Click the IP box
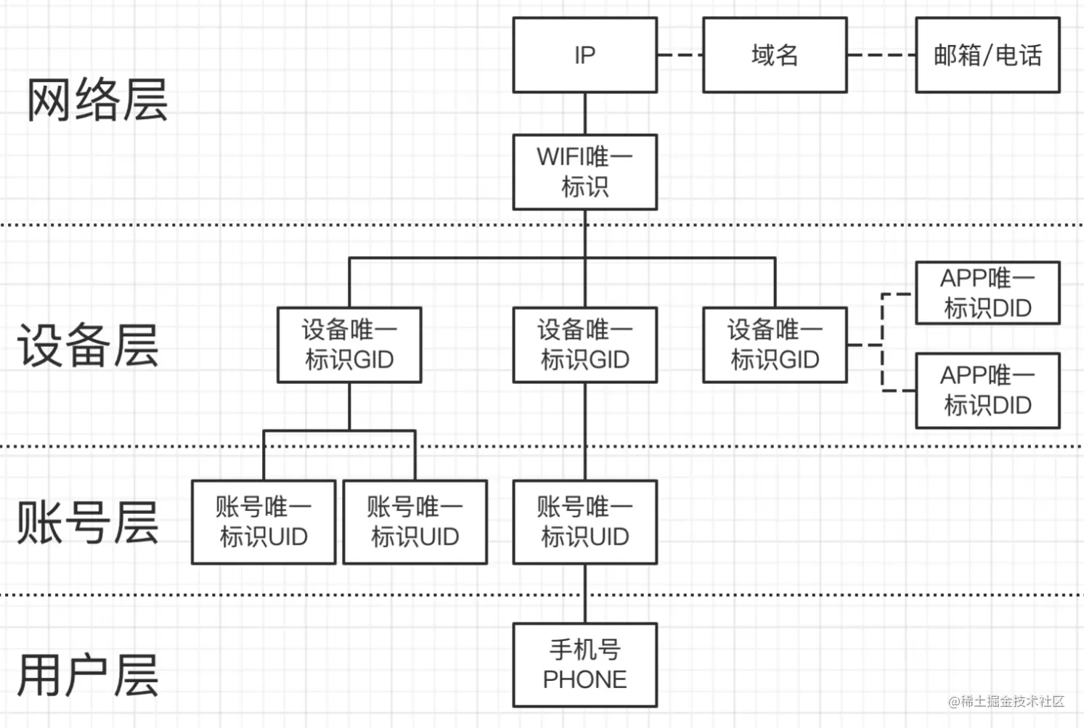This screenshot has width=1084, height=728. (584, 55)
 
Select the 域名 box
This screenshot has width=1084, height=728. (775, 55)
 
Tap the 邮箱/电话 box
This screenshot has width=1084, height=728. (987, 55)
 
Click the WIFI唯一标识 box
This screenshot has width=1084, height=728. (584, 172)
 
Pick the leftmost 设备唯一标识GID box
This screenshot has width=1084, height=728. (349, 345)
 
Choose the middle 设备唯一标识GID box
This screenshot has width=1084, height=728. (584, 345)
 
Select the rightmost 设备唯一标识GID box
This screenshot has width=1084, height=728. (775, 345)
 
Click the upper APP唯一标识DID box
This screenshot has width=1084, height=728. (987, 293)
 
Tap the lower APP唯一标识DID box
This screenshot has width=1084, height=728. (987, 390)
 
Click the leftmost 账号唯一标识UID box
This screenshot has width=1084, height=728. (264, 522)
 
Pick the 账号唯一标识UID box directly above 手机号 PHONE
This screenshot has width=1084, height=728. (584, 522)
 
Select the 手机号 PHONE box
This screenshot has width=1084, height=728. (584, 665)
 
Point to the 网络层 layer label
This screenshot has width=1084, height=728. (97, 100)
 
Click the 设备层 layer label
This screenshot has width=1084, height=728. (88, 345)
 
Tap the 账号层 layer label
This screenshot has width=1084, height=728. (88, 523)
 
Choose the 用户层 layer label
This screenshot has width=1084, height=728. (88, 675)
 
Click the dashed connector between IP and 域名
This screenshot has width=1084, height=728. (680, 54)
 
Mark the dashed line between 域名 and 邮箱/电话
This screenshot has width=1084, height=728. (881, 54)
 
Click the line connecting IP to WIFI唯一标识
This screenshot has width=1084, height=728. (585, 113)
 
